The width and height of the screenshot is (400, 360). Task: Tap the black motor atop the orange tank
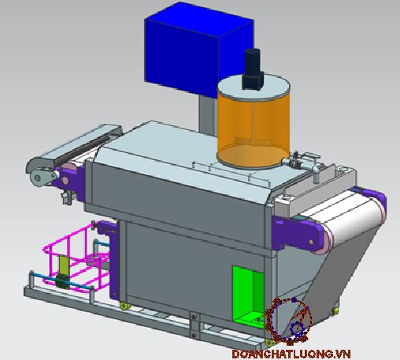point(253,69)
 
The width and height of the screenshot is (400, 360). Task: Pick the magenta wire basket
point(76,258)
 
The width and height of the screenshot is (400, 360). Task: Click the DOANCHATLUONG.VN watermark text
point(291,354)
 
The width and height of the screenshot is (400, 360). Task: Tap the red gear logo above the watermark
point(289,321)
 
